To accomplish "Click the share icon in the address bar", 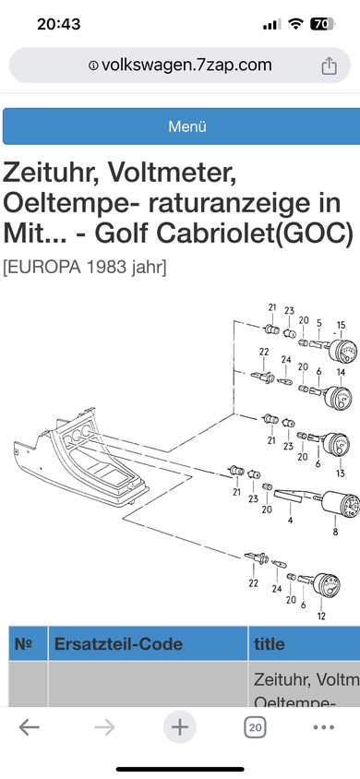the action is (329, 66).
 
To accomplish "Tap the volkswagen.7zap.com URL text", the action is (186, 66).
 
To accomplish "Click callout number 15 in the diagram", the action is (342, 325).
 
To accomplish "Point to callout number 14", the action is (342, 372).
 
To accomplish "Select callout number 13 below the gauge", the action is (340, 473).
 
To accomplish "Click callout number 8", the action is (336, 532).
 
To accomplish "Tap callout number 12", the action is (321, 617).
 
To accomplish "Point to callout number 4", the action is (290, 521).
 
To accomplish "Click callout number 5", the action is (319, 323).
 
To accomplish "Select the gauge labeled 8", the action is (340, 504).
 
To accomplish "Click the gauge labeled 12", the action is (326, 585).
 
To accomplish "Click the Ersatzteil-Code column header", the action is (118, 644).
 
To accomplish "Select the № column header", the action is (23, 644).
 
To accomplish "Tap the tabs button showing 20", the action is (255, 728).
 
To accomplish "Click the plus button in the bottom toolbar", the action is (180, 728).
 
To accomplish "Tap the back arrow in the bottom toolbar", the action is (30, 728).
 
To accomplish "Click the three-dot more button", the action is (324, 728).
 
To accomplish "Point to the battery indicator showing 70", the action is (323, 24).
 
